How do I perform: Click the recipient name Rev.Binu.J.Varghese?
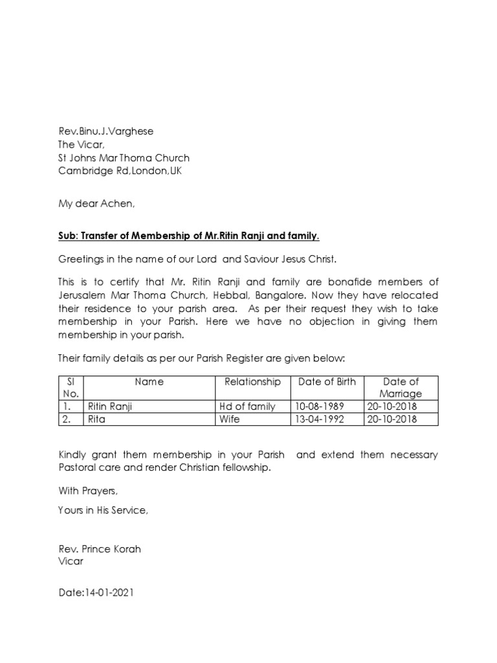(x=105, y=131)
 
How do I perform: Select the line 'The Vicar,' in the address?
(x=81, y=144)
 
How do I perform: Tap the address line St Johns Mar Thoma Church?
(x=124, y=158)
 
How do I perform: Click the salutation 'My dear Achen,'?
(x=96, y=204)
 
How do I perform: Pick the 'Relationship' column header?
(x=252, y=381)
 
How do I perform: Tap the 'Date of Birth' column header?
(x=327, y=381)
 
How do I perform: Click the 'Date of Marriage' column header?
(x=401, y=387)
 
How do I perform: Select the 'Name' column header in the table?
(x=149, y=381)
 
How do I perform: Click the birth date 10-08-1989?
(x=320, y=407)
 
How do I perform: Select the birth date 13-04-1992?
(x=320, y=419)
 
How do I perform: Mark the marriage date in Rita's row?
(x=392, y=419)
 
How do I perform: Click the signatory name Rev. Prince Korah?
(x=99, y=549)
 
